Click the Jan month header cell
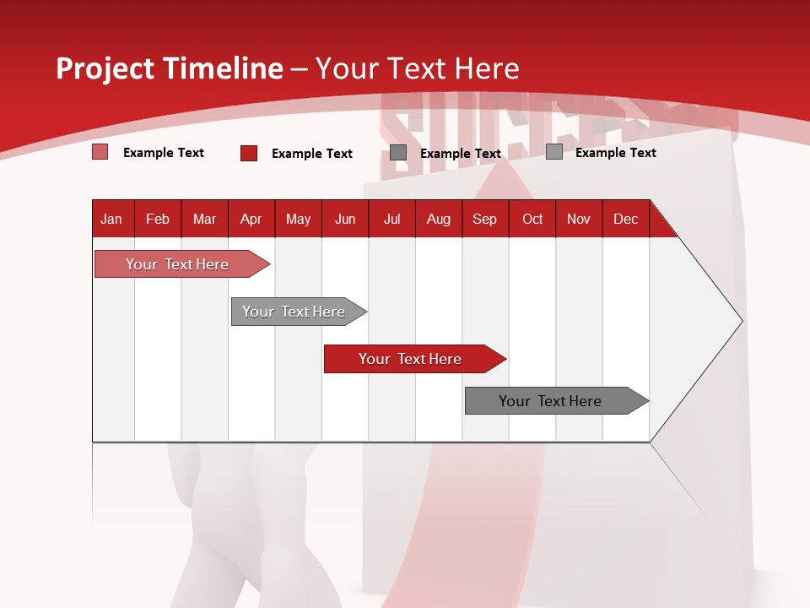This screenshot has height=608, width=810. point(111,219)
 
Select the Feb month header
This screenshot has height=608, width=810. point(158,219)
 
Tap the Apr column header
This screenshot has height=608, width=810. point(251,219)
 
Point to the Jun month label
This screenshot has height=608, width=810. point(345,219)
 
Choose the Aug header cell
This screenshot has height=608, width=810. point(439,219)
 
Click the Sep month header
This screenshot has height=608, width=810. point(485,219)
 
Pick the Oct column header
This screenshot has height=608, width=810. point(532,219)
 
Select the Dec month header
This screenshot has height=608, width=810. point(626,219)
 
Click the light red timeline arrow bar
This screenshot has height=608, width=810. point(177,264)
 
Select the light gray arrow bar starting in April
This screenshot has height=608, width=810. point(294,312)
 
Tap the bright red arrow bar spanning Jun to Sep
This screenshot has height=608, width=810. point(410,359)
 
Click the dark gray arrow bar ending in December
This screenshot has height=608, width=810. point(550,401)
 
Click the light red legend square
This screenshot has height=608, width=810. point(100,152)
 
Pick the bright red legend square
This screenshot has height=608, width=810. point(249,153)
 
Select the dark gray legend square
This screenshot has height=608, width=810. point(398,153)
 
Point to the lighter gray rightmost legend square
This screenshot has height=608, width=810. point(554,152)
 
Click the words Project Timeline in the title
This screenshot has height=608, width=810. point(169,68)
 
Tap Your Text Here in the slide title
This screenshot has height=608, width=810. point(418,68)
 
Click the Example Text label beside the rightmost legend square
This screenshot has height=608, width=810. point(616,153)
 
